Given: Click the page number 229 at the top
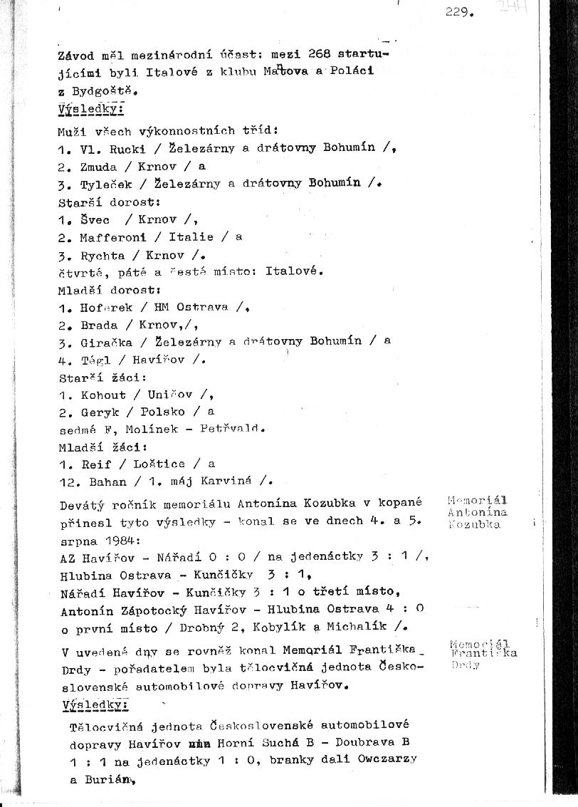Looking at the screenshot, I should [458, 12].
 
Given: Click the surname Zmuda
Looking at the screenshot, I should [95, 166].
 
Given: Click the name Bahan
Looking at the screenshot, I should [103, 481].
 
